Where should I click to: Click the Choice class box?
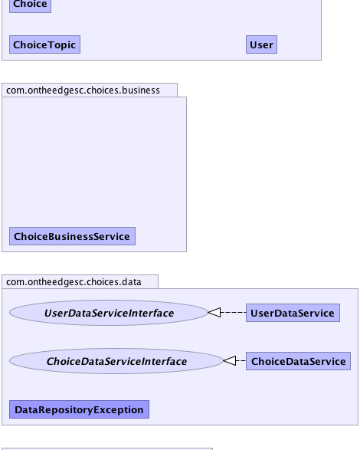(30, 5)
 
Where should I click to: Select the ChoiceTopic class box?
(44, 44)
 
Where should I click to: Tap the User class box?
(262, 44)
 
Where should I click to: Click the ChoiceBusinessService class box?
(72, 236)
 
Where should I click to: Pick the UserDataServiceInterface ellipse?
(109, 313)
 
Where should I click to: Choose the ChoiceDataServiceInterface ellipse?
(116, 361)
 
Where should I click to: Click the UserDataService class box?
(293, 313)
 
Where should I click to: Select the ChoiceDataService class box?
(298, 361)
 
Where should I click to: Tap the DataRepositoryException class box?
(79, 409)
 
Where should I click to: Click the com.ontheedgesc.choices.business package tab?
(90, 90)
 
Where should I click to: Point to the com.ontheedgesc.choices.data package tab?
(80, 282)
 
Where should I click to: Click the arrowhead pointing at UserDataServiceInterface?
(214, 312)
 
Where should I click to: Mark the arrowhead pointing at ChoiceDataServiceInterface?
(230, 360)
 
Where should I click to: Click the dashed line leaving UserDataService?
(233, 312)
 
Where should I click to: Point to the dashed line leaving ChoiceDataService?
(241, 360)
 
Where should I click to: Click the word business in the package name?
(141, 90)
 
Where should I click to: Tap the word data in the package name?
(132, 282)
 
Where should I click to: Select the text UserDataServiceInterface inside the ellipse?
(109, 313)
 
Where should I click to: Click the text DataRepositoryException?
(79, 410)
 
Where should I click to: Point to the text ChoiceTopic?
(44, 45)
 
